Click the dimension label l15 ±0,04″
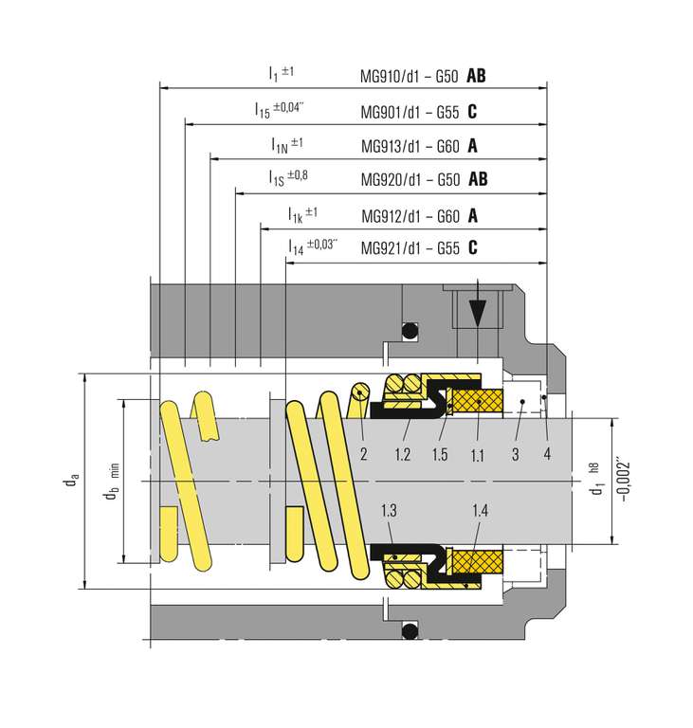pyautogui.click(x=279, y=110)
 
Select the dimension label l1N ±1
pyautogui.click(x=286, y=145)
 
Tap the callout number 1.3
pyautogui.click(x=388, y=512)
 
